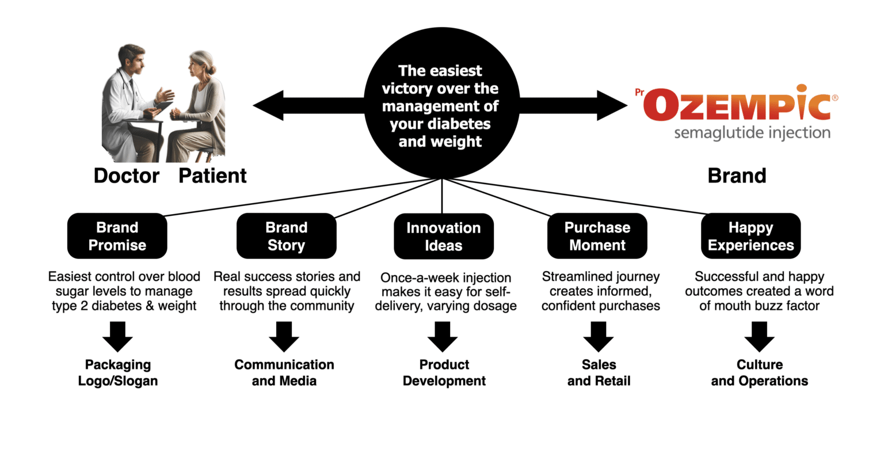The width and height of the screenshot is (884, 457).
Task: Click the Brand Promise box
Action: click(x=117, y=236)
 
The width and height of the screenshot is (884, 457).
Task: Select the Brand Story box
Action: click(x=286, y=236)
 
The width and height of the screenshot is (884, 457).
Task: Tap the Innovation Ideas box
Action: click(x=443, y=237)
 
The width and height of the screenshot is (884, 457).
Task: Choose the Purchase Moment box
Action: click(x=597, y=236)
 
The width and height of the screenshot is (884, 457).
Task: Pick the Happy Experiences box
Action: click(x=750, y=236)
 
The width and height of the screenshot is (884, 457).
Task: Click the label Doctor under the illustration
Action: click(x=126, y=176)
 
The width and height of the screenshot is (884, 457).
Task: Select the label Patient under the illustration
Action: click(x=212, y=176)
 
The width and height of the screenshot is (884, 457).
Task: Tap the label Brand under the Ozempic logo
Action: click(x=737, y=176)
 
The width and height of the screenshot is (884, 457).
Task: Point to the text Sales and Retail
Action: click(x=599, y=372)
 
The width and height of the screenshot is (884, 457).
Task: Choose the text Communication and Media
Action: click(x=284, y=372)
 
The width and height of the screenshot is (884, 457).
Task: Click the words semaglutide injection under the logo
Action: click(x=752, y=134)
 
